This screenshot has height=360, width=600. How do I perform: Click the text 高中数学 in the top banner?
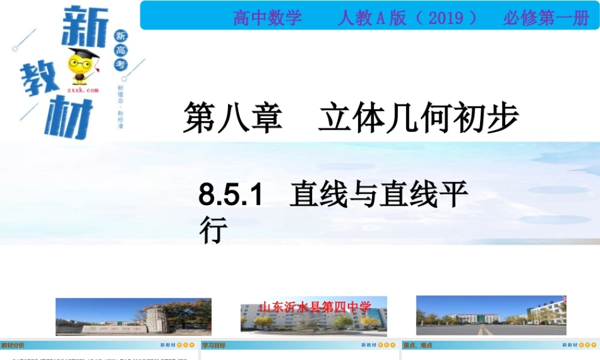pyautogui.click(x=268, y=18)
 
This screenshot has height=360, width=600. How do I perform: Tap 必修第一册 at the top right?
pyautogui.click(x=546, y=18)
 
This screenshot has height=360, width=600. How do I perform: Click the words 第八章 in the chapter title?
pyautogui.click(x=233, y=117)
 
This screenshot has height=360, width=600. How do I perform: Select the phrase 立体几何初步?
pyautogui.click(x=418, y=117)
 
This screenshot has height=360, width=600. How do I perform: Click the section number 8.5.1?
pyautogui.click(x=232, y=196)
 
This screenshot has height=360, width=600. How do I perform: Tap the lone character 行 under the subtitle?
pyautogui.click(x=214, y=230)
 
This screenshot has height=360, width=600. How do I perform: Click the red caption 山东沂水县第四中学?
pyautogui.click(x=315, y=307)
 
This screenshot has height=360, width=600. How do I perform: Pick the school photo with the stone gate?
pyautogui.click(x=133, y=316)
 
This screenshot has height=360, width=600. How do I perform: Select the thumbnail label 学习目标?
pyautogui.click(x=214, y=346)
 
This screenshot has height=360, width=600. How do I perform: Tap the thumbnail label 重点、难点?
pyautogui.click(x=418, y=346)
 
